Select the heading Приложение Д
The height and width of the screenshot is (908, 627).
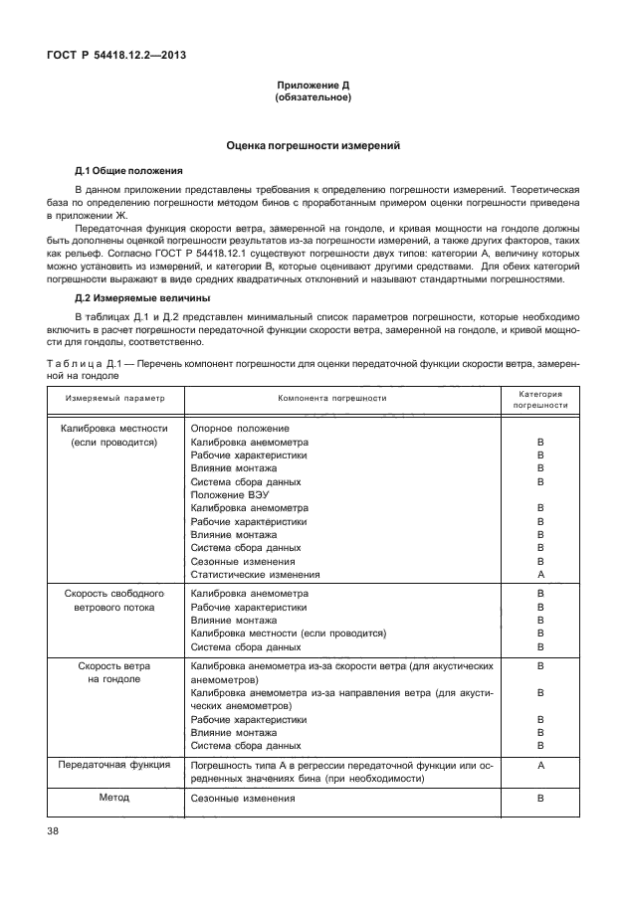pyautogui.click(x=313, y=87)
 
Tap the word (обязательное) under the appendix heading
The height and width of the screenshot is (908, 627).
pyautogui.click(x=313, y=98)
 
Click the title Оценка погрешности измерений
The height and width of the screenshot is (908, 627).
pyautogui.click(x=313, y=145)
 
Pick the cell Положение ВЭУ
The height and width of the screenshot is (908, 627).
pyautogui.click(x=230, y=494)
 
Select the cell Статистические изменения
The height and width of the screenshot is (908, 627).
pyautogui.click(x=256, y=575)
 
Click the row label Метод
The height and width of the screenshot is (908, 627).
pyautogui.click(x=113, y=798)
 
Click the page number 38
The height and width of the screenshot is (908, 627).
pyautogui.click(x=54, y=833)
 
